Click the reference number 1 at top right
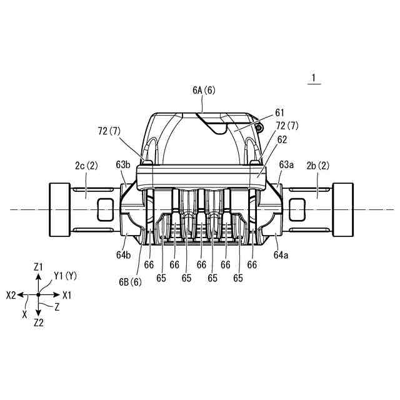tap(314, 77)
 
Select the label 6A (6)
tap(204, 90)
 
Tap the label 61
tap(279, 112)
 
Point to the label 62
tap(282, 139)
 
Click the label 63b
tap(123, 165)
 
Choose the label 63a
tap(286, 165)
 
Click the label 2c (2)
tap(86, 166)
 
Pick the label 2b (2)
tap(318, 166)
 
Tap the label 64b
tap(124, 255)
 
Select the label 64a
tap(281, 255)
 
